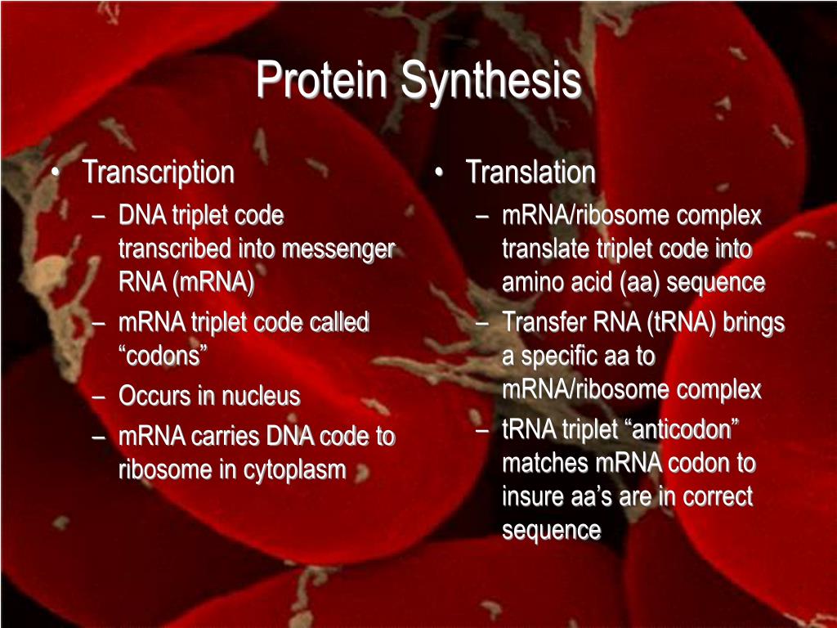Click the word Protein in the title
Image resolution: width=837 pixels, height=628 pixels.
click(x=321, y=79)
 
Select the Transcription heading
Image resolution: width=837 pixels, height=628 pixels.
click(x=159, y=173)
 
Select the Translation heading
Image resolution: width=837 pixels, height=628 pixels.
click(x=530, y=172)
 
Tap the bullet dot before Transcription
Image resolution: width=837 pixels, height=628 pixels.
click(x=56, y=173)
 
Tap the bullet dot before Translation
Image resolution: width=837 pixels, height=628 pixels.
click(x=439, y=173)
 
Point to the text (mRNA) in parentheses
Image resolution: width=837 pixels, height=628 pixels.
click(x=213, y=282)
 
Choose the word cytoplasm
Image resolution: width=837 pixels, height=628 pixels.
click(x=294, y=470)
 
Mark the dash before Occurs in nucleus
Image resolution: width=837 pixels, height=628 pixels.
click(x=98, y=397)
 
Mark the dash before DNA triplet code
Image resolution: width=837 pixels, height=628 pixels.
click(x=98, y=217)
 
